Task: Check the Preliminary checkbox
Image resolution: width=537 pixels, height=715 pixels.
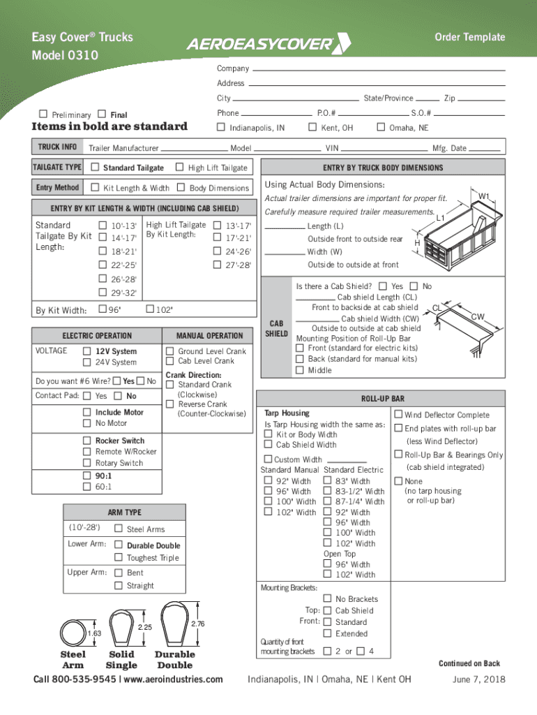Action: tap(44, 115)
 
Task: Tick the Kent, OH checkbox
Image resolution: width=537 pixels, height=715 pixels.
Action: tap(312, 127)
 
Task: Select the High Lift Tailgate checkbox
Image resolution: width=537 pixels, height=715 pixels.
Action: tap(179, 167)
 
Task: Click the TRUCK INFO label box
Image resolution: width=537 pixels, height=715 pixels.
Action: tap(57, 147)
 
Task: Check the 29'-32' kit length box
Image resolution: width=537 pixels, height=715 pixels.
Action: tap(103, 293)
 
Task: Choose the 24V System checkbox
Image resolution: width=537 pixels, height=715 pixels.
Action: tap(87, 362)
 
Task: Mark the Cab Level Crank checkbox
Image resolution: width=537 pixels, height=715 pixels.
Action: tap(169, 361)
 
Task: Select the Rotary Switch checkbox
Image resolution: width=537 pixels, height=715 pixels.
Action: tap(87, 463)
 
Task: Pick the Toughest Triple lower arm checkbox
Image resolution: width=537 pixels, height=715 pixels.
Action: tap(119, 558)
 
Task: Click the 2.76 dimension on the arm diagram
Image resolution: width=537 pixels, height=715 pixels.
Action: tap(198, 623)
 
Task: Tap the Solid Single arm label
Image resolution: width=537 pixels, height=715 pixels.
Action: tap(123, 660)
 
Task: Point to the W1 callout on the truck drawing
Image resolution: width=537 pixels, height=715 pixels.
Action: tap(484, 196)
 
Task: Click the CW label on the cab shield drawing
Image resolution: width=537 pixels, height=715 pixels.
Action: tap(477, 316)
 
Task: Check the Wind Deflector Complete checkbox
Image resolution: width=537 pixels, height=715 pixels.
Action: tap(399, 415)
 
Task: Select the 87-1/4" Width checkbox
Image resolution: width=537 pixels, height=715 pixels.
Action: tap(328, 501)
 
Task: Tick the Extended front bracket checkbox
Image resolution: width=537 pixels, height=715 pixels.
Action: tap(328, 633)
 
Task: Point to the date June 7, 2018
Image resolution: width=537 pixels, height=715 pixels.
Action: tap(478, 680)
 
